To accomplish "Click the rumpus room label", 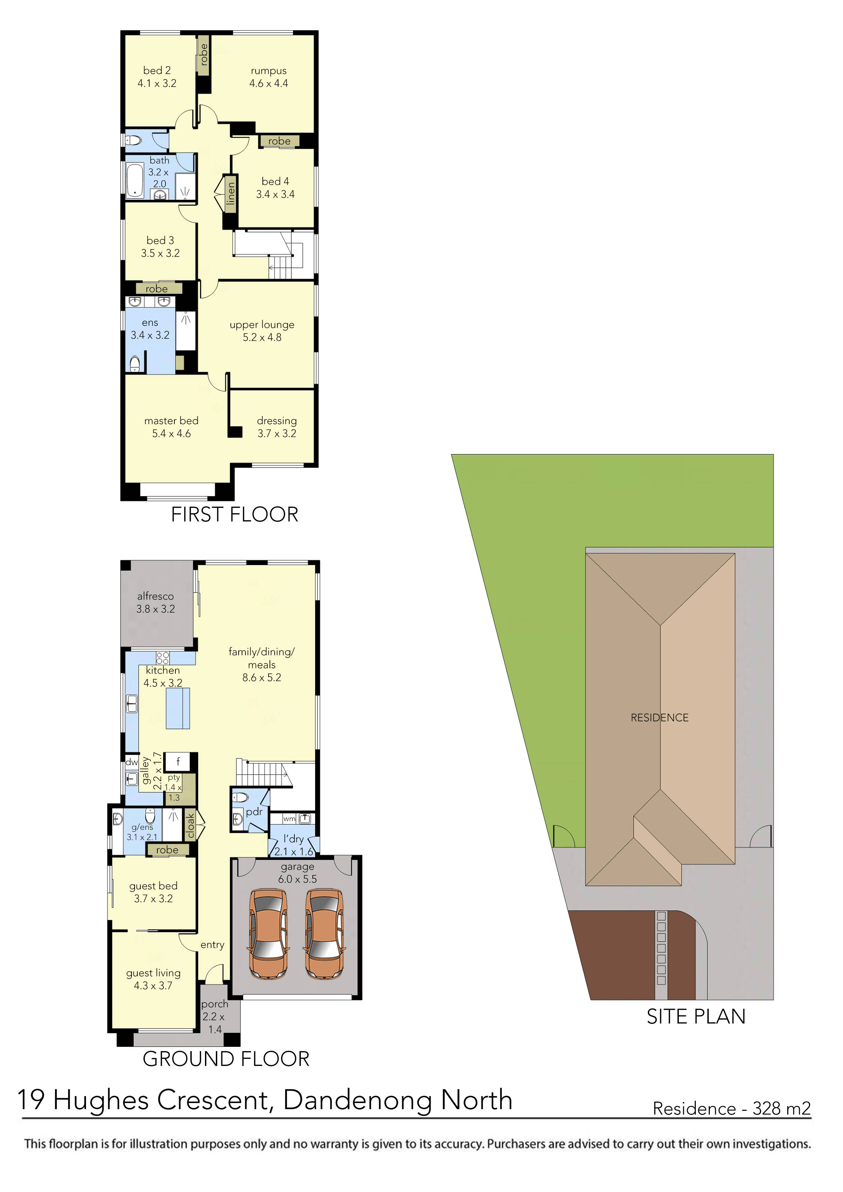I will [x=269, y=71].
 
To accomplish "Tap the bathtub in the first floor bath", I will [x=135, y=180].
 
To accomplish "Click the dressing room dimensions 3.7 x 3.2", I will [x=277, y=434].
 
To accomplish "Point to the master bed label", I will [x=171, y=421].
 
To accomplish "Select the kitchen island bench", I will [x=178, y=709].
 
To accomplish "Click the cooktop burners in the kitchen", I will [x=162, y=658].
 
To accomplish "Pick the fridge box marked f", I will [x=178, y=761].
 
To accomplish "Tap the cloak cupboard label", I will [x=191, y=825].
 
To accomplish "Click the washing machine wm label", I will [x=289, y=819].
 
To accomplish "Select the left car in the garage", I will [x=269, y=933].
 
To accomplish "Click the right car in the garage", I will [x=324, y=933].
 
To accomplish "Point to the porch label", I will [x=214, y=1004].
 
